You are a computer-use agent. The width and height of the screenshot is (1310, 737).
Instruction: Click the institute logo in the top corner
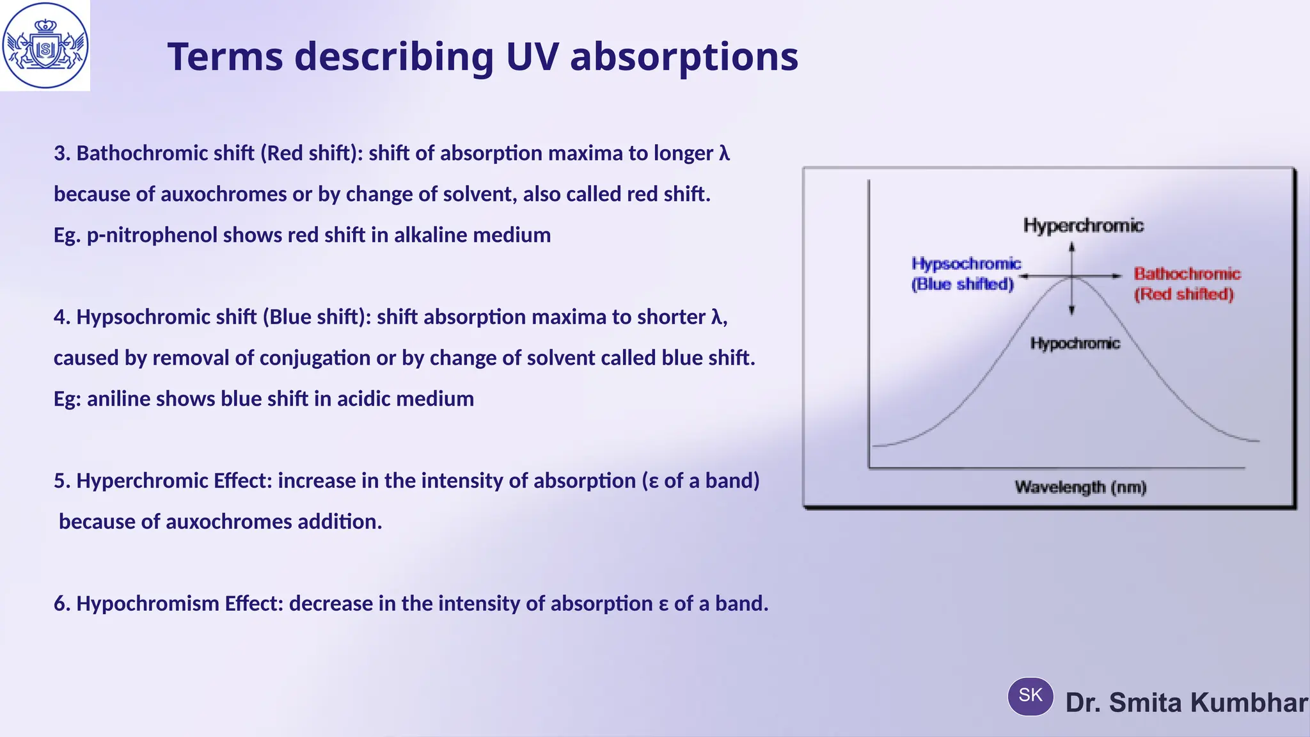[45, 45]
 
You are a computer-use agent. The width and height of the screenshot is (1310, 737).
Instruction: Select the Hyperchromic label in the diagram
[1083, 225]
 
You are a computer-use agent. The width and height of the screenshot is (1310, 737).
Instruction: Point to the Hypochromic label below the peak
[1075, 344]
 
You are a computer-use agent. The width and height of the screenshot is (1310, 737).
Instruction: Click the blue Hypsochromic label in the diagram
[966, 264]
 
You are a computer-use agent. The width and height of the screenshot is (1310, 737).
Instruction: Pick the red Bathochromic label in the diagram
[1187, 274]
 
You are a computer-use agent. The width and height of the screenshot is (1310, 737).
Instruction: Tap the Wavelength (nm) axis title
[1080, 487]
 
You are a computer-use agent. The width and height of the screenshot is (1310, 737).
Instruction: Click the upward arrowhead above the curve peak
[1072, 246]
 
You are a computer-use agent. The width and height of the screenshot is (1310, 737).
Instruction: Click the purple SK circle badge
[1030, 696]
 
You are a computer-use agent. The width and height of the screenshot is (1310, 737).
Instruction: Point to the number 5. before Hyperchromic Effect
[61, 481]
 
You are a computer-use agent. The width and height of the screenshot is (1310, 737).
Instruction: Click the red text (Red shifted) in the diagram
[1183, 294]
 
